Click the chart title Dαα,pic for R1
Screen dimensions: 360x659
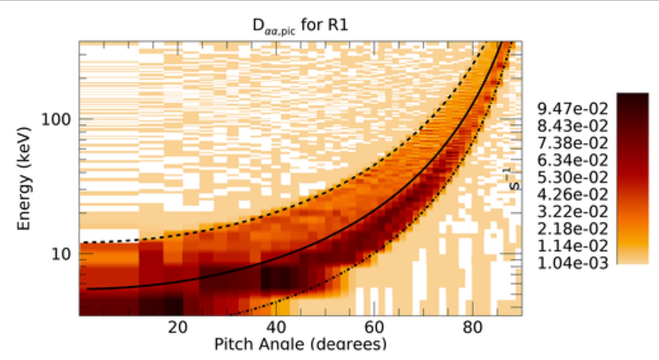[x=300, y=26]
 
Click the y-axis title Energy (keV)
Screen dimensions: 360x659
[x=24, y=178]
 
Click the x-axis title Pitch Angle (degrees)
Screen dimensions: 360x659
[x=300, y=344]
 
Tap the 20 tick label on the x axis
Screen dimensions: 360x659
[x=177, y=327]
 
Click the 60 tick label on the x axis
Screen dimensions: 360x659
[x=374, y=327]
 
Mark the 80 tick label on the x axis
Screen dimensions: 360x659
[x=472, y=327]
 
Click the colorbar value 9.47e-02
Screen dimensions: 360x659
[x=572, y=109]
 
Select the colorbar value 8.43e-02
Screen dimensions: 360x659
[x=572, y=126]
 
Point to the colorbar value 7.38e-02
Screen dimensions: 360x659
[x=572, y=143]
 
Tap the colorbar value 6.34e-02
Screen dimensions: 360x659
[x=572, y=160]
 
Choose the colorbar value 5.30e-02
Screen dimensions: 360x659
[x=572, y=177]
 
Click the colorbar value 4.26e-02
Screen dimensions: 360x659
[x=572, y=195]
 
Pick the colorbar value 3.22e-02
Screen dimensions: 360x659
[x=572, y=212]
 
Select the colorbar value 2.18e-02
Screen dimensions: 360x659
[x=572, y=229]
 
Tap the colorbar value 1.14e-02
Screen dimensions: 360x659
[x=572, y=246]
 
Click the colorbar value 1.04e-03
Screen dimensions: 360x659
[x=572, y=263]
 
